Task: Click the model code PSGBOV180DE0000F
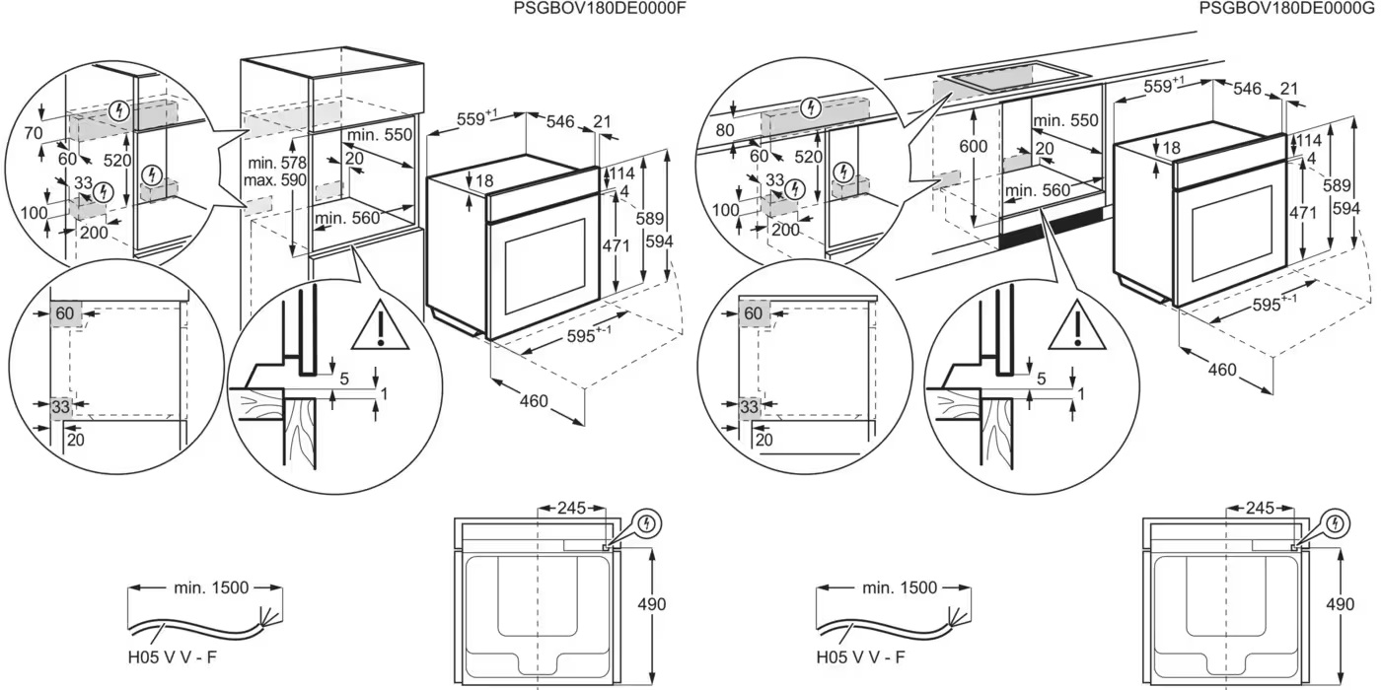[x=600, y=8]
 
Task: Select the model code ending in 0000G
[x=1288, y=8]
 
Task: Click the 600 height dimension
[x=973, y=145]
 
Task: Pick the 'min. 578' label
[x=275, y=163]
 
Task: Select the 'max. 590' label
[x=275, y=180]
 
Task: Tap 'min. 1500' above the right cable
[x=900, y=588]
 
